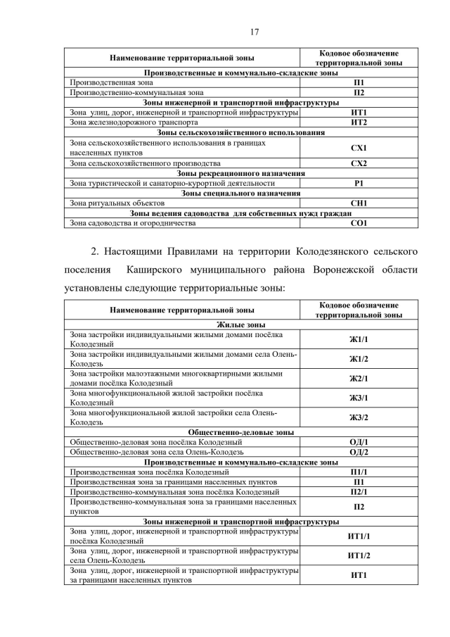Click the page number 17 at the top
[x=224, y=30]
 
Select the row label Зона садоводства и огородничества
[x=132, y=223]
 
